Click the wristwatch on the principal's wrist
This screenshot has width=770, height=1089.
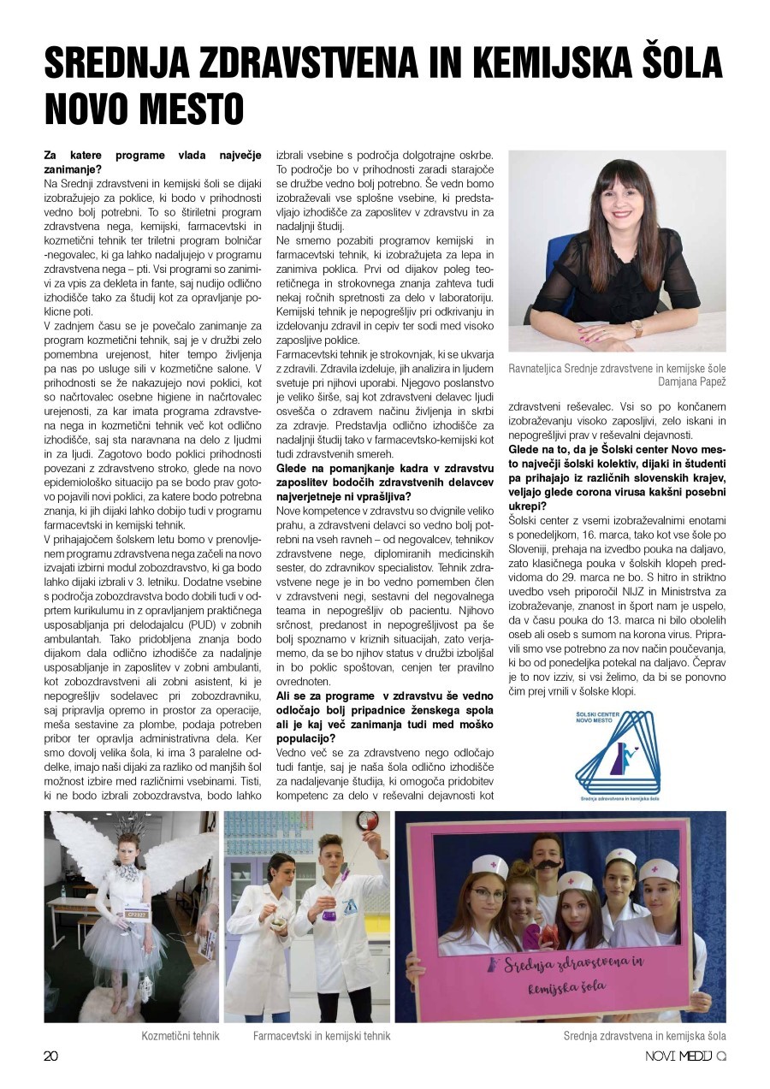[x=636, y=328]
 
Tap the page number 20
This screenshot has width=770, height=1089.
[x=51, y=1056]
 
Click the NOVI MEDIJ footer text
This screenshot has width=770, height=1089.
[x=679, y=1056]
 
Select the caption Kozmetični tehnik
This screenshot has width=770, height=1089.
[x=181, y=1036]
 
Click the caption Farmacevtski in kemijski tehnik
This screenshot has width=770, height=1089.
[x=322, y=1036]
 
